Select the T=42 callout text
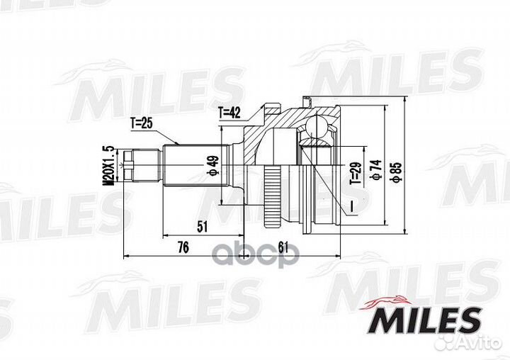pos(229,112)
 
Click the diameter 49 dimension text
pos(212,164)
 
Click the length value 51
pos(202,227)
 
